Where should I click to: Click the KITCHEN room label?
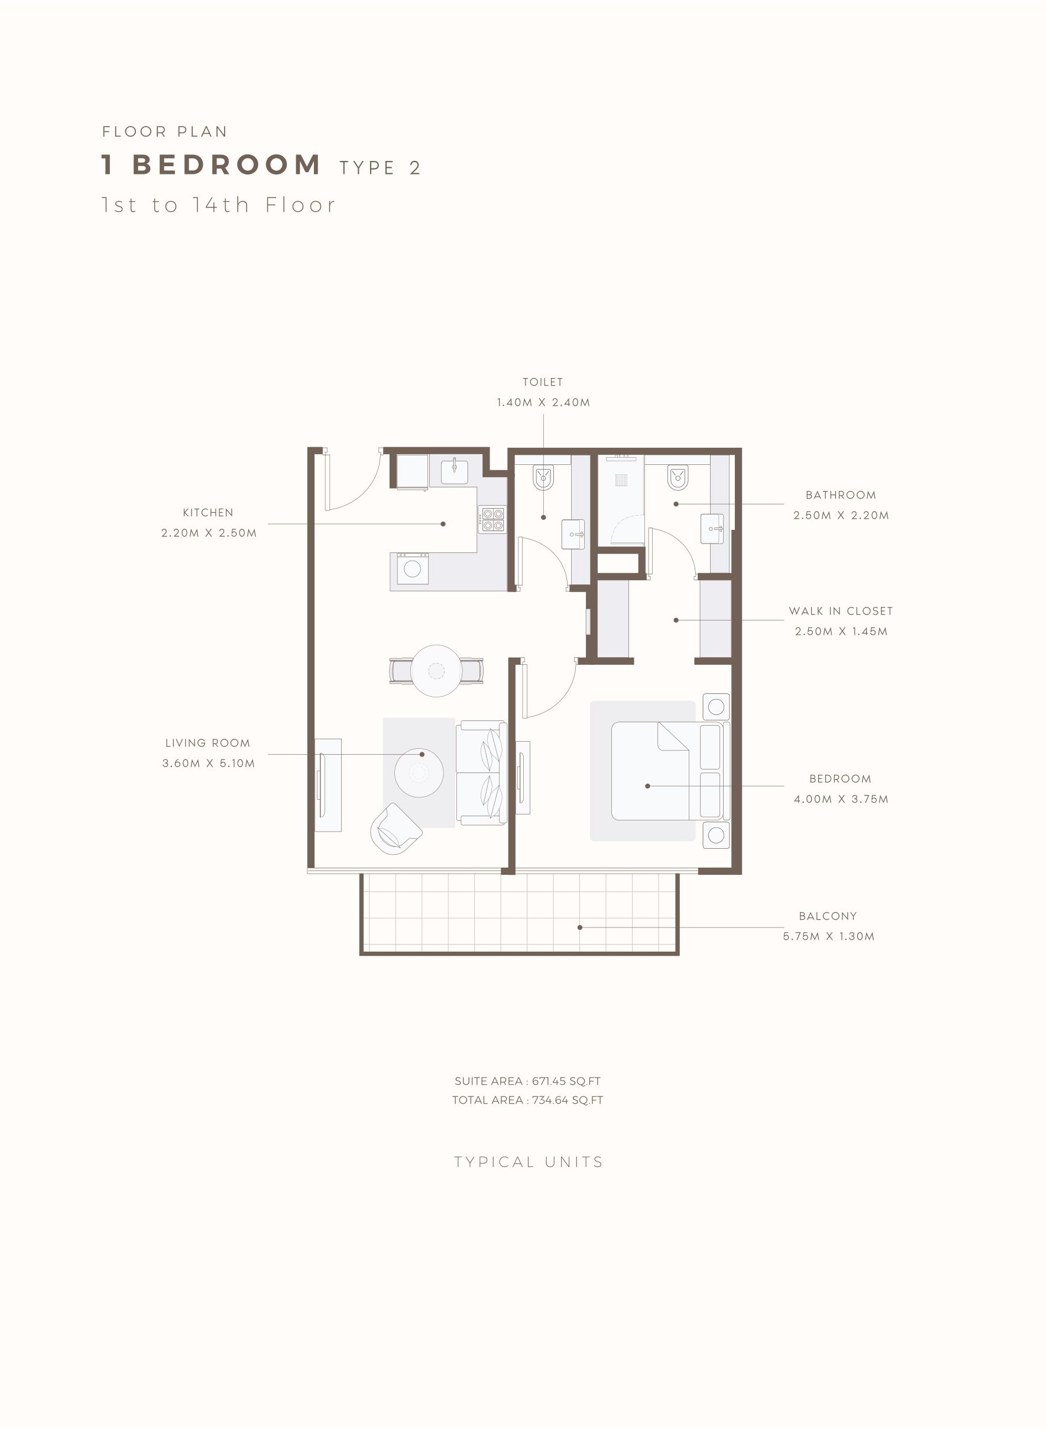pyautogui.click(x=208, y=512)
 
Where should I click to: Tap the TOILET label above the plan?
pyautogui.click(x=543, y=382)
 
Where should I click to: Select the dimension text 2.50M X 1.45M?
pyautogui.click(x=841, y=631)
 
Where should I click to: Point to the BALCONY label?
pyautogui.click(x=828, y=916)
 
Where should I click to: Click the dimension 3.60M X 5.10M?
pyautogui.click(x=209, y=762)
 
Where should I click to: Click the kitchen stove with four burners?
pyautogui.click(x=492, y=519)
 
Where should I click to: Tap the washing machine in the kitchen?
pyautogui.click(x=413, y=568)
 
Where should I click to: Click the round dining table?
pyautogui.click(x=436, y=671)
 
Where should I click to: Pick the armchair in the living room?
pyautogui.click(x=396, y=829)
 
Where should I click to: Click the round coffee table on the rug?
pyautogui.click(x=419, y=773)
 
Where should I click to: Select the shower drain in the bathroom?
pyautogui.click(x=621, y=480)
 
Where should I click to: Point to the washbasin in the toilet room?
pyautogui.click(x=573, y=534)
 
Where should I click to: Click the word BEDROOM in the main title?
pyautogui.click(x=226, y=165)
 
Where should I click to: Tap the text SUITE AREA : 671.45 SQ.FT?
pyautogui.click(x=527, y=1081)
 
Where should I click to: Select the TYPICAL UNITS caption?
pyautogui.click(x=529, y=1162)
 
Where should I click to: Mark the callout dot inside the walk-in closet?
pyautogui.click(x=676, y=620)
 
